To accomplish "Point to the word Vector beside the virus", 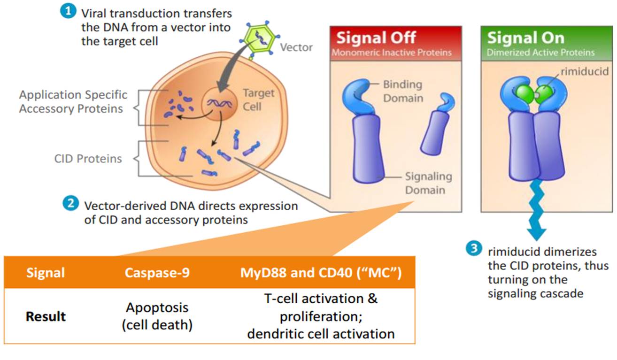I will click(296, 47).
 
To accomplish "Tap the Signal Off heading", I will click(376, 38).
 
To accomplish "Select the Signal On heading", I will click(525, 38).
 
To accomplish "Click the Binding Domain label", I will click(402, 91).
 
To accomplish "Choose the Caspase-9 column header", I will click(157, 272).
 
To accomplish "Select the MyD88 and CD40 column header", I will click(321, 272).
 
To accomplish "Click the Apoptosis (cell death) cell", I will click(157, 316).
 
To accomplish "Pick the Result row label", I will click(46, 316).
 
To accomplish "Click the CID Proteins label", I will click(88, 159).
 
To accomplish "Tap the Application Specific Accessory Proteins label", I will click(73, 101).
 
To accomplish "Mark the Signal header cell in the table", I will click(46, 272).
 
